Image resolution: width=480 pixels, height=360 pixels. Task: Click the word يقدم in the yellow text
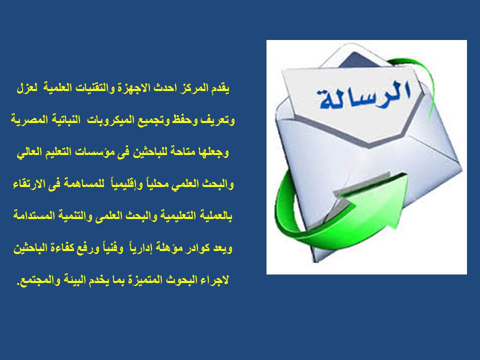click(x=220, y=88)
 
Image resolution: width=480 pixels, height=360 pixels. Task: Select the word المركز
click(x=195, y=88)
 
